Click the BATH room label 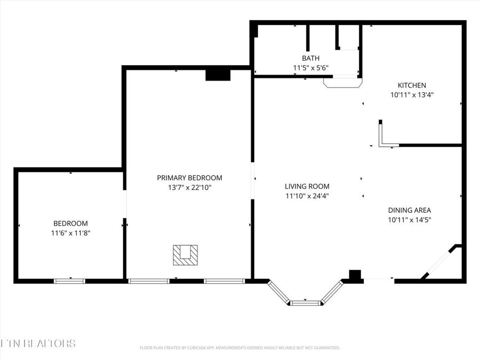(310, 58)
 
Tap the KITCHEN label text (412, 85)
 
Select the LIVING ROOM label (307, 186)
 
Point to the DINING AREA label (409, 210)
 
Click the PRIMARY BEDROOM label (189, 178)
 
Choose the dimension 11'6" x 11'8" (70, 233)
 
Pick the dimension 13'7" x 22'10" (189, 187)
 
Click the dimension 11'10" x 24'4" (307, 196)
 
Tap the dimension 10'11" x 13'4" (412, 95)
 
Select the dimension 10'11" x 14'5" (409, 220)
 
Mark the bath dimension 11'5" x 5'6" (310, 68)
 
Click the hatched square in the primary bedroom (185, 255)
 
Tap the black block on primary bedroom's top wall (218, 75)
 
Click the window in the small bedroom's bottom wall (69, 281)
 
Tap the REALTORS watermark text (38, 343)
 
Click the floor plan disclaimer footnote (239, 348)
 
